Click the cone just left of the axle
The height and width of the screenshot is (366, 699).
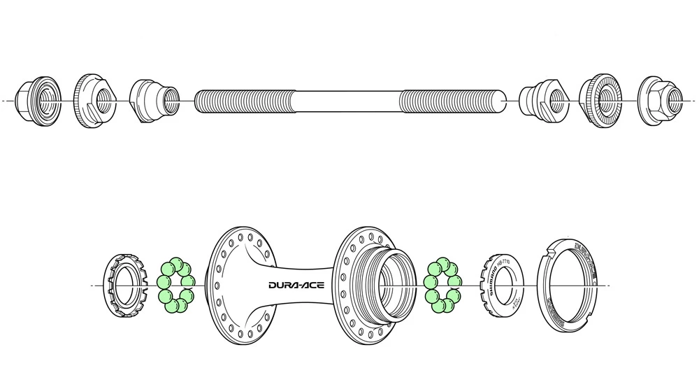(x=153, y=101)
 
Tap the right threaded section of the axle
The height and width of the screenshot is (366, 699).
(x=452, y=101)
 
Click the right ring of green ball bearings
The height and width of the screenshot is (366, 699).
(x=442, y=286)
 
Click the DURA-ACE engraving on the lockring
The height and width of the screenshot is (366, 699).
(x=584, y=252)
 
